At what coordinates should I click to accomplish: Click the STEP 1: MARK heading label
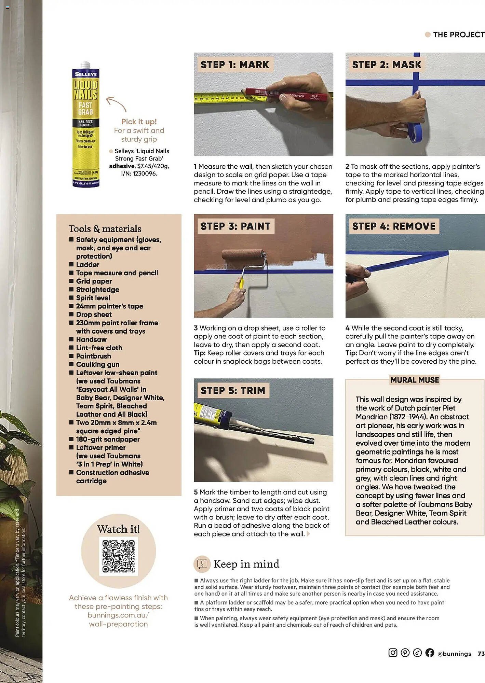pos(235,65)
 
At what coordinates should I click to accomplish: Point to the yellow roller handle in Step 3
pos(241,282)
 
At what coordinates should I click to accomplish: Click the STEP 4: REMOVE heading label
pos(394,226)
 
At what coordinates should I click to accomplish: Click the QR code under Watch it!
pos(119,556)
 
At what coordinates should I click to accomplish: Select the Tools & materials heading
pos(105,228)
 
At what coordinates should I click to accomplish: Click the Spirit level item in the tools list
pos(93,298)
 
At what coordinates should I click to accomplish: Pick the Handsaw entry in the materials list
pos(91,339)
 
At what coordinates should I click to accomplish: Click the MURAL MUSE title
pos(415,380)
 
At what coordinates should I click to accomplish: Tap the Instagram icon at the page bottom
pos(393,653)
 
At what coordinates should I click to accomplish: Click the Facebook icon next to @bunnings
pos(430,653)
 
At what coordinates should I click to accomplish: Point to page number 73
pos(481,653)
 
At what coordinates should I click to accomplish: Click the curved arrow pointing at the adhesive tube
pos(116,103)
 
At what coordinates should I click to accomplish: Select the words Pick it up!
pos(139,122)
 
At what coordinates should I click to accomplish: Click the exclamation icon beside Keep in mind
pos(202,564)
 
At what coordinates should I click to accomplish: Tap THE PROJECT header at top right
pos(458,34)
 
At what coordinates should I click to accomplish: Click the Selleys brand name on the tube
pos(85,74)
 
